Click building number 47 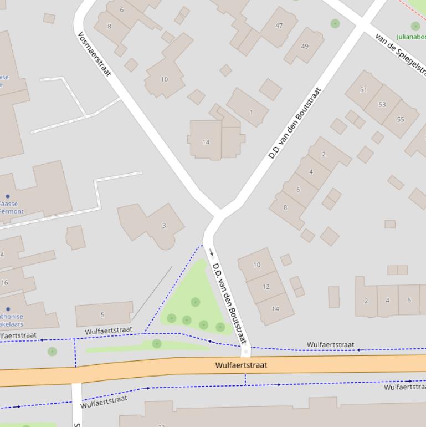[279, 26]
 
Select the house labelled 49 [304, 46]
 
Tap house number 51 [363, 89]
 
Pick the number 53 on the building [382, 104]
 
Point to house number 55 [401, 119]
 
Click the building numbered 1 [250, 113]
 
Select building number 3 [163, 225]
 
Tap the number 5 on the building [102, 315]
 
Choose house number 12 [266, 287]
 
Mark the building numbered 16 [4, 282]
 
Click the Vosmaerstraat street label [95, 54]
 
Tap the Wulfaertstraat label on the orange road [241, 365]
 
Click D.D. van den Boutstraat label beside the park [228, 304]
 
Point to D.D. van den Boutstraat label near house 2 [295, 124]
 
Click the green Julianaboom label [411, 37]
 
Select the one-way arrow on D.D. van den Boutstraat [211, 252]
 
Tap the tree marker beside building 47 [335, 23]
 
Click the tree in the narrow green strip [157, 344]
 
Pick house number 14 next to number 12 [275, 309]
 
